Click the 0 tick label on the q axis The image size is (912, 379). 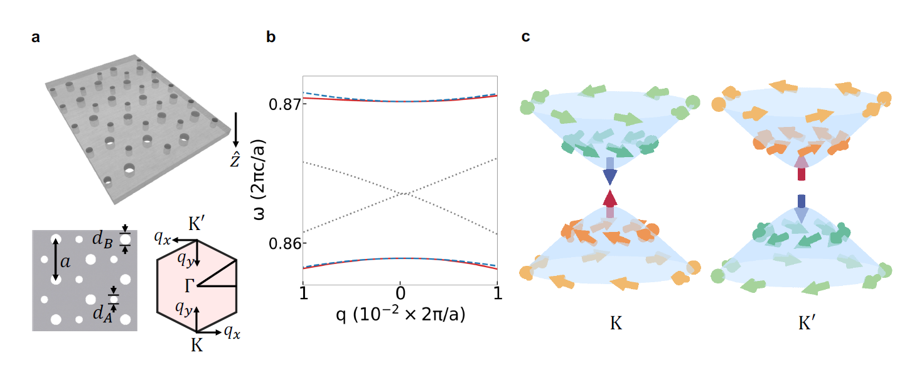click(x=400, y=292)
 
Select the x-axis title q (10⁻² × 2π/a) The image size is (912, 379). click(x=400, y=314)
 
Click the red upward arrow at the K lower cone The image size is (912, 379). click(x=609, y=200)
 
